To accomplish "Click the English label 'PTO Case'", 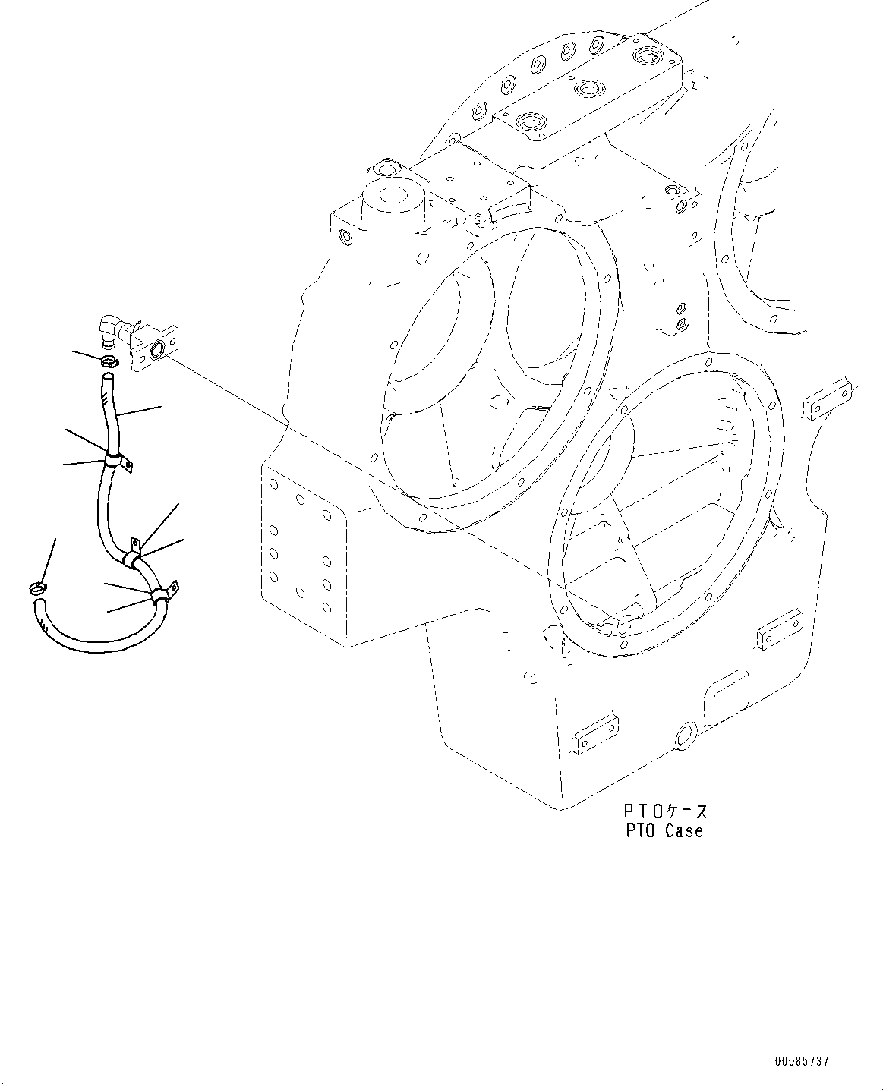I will (664, 830).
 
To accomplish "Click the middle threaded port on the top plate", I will (585, 90).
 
